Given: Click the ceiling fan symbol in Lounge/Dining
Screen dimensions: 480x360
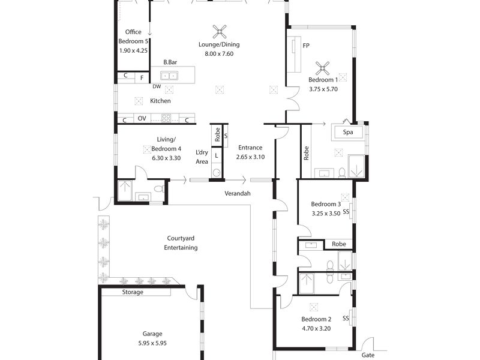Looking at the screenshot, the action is tap(220, 32).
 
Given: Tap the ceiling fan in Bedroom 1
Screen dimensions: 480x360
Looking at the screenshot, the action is tap(322, 68).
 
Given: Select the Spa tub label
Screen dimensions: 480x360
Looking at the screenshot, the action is tap(348, 132).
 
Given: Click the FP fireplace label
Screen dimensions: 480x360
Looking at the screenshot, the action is tap(306, 46).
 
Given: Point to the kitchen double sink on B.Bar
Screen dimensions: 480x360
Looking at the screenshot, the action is tap(169, 76).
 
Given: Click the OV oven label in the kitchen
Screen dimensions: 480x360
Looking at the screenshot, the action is tap(142, 118).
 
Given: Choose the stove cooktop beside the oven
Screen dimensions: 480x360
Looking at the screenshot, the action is tap(166, 118).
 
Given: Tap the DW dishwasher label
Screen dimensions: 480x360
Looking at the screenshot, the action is tap(157, 86).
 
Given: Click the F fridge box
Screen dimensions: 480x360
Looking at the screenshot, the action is tap(142, 78).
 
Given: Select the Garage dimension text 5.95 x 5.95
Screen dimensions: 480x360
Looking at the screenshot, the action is tap(152, 343).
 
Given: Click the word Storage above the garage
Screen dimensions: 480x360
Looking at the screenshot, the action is tap(133, 292).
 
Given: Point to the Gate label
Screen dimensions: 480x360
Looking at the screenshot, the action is tap(368, 355).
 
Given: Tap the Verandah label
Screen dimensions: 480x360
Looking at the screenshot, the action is tap(238, 193).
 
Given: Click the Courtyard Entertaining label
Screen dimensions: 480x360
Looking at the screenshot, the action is tap(181, 243).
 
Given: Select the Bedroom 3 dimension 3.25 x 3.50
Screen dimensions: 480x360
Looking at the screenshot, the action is tap(326, 214).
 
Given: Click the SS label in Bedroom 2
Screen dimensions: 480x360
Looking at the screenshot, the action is tap(346, 319).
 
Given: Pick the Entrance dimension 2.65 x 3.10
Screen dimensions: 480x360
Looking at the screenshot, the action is tap(250, 157).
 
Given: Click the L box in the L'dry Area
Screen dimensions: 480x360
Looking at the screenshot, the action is tap(216, 155).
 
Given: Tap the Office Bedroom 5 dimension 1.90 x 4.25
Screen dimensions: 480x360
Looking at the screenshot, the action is tap(133, 51).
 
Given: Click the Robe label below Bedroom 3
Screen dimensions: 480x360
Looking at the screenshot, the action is tap(339, 244).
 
